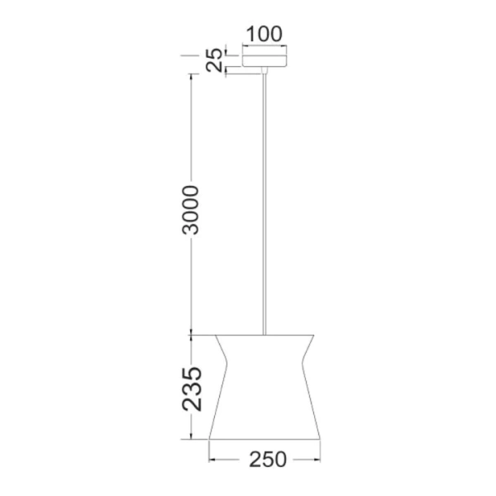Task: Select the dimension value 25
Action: click(x=214, y=60)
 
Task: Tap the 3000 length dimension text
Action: click(x=191, y=210)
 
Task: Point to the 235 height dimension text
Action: click(x=191, y=389)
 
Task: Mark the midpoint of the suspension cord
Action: click(x=265, y=203)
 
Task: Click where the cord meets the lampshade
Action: click(x=265, y=335)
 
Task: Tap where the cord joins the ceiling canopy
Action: click(x=265, y=72)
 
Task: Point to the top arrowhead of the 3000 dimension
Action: click(x=191, y=76)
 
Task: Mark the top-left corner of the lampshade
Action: click(x=215, y=336)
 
